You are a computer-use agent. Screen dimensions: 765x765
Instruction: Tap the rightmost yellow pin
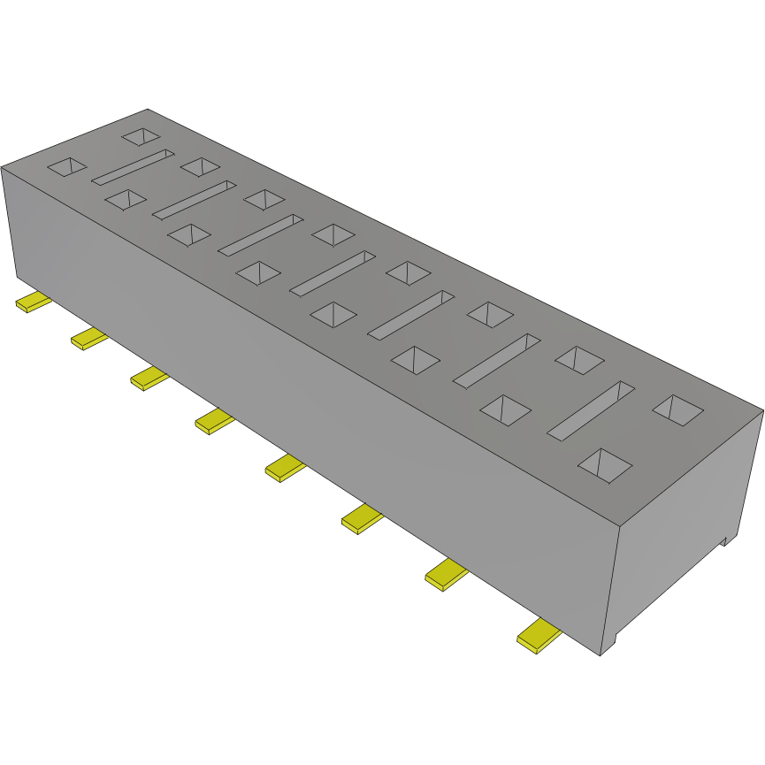pyautogui.click(x=539, y=637)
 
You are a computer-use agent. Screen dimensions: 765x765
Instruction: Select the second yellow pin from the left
pyautogui.click(x=88, y=338)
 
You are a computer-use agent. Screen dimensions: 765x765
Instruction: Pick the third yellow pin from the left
pyautogui.click(x=149, y=379)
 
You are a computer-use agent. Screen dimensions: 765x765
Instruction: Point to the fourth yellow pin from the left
pyautogui.click(x=215, y=422)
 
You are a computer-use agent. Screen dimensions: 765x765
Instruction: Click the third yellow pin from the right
pyautogui.click(x=362, y=519)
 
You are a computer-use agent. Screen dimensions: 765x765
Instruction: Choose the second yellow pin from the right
pyautogui.click(x=447, y=576)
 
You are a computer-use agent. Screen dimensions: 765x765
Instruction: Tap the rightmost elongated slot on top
pyautogui.click(x=591, y=411)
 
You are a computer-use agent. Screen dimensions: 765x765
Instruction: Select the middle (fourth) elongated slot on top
pyautogui.click(x=332, y=273)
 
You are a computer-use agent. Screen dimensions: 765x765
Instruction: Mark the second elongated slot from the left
pyautogui.click(x=195, y=200)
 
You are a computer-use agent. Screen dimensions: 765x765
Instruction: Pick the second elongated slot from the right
pyautogui.click(x=496, y=360)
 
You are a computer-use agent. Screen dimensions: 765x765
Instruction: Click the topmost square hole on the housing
pyautogui.click(x=141, y=136)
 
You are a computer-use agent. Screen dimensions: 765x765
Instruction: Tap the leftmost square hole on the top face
pyautogui.click(x=67, y=166)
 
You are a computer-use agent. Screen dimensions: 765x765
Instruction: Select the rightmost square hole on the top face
pyautogui.click(x=678, y=408)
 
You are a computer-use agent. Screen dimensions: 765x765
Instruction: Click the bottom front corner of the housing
pyautogui.click(x=601, y=655)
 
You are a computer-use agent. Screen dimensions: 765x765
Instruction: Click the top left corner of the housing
pyautogui.click(x=2, y=166)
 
